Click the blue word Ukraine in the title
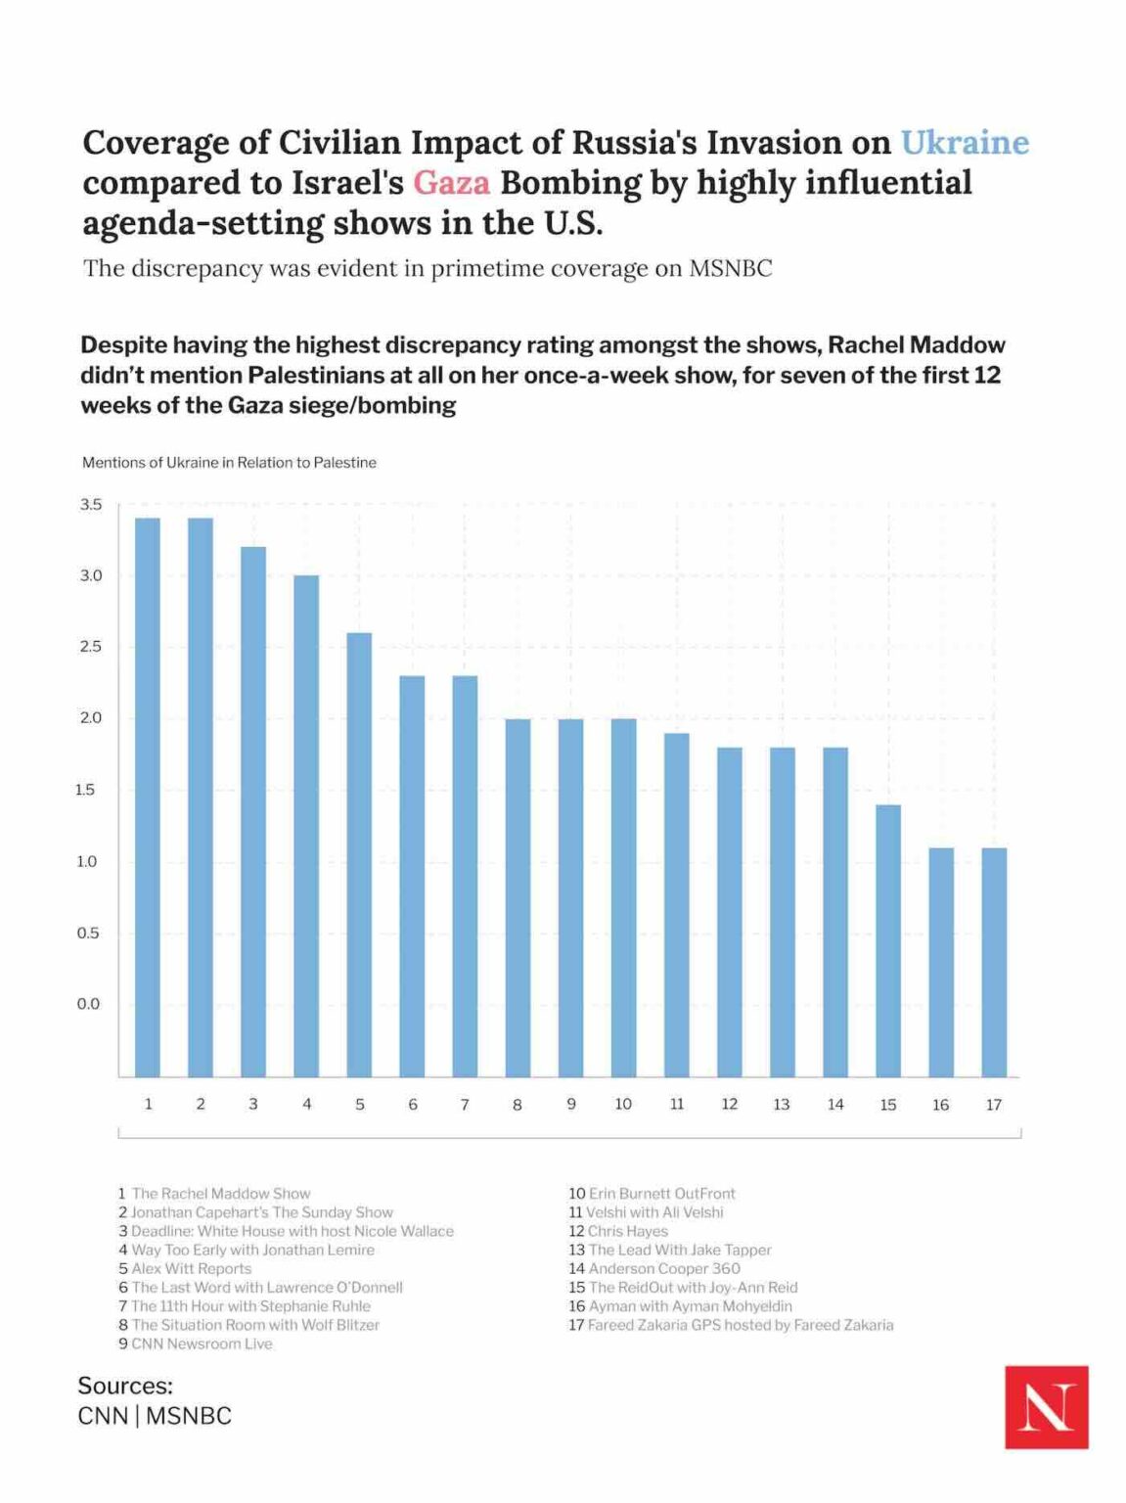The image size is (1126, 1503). click(964, 143)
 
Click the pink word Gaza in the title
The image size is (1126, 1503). click(451, 183)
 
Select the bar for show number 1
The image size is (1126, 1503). click(148, 797)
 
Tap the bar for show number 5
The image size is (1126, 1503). click(360, 853)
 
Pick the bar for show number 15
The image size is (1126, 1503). click(888, 939)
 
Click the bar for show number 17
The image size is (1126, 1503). click(994, 961)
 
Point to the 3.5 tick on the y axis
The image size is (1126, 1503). click(91, 505)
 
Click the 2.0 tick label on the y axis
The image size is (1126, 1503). click(91, 718)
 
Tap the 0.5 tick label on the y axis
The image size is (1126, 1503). click(89, 934)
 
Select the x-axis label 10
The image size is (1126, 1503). click(623, 1104)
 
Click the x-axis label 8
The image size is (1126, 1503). click(518, 1105)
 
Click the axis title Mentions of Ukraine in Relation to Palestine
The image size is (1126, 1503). click(229, 463)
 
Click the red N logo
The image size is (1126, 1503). click(1046, 1407)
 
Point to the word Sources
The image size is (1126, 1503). click(125, 1387)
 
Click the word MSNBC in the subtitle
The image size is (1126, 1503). click(730, 269)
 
